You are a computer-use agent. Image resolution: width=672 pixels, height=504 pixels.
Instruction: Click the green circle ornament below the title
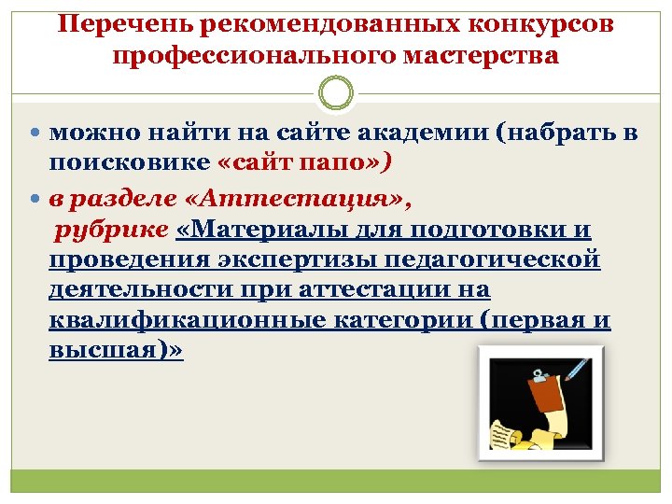point(335,93)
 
